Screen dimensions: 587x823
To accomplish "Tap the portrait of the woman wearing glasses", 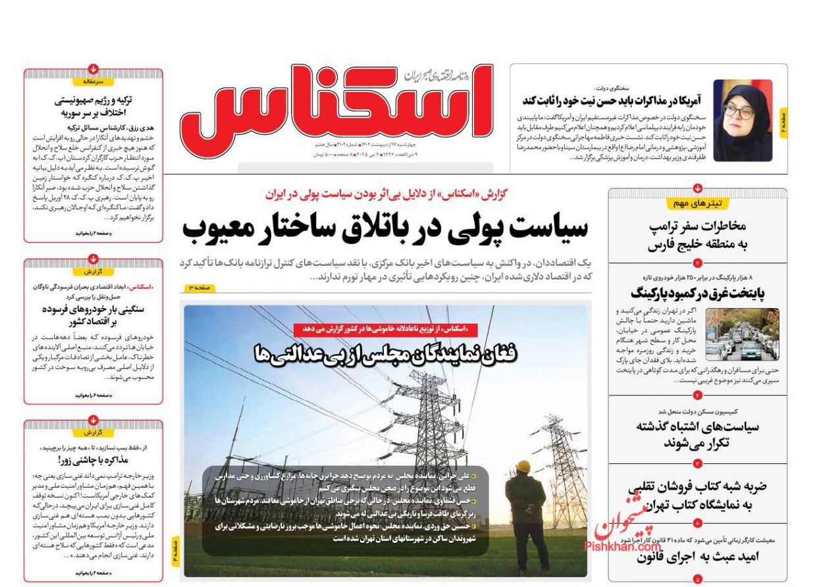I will [742, 120].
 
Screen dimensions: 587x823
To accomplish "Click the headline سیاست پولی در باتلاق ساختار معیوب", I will [385, 228].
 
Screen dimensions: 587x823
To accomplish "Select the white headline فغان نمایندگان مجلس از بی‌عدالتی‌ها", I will [386, 354].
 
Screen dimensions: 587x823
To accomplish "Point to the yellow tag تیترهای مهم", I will [697, 203].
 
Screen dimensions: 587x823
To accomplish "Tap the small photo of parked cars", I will [742, 334].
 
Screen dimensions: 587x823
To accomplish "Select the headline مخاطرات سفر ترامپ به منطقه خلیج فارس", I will [697, 235].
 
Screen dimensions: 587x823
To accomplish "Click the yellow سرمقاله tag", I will [93, 82].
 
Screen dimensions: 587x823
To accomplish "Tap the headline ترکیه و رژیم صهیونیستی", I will [93, 106].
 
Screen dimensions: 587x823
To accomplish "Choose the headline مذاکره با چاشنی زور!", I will [93, 459].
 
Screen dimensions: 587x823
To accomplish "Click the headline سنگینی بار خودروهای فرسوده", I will [93, 315].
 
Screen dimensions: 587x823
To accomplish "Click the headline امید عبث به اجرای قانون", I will [697, 557].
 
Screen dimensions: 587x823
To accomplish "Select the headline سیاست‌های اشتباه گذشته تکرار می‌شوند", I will [697, 434].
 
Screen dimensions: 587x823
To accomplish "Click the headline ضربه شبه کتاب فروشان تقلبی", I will [697, 496].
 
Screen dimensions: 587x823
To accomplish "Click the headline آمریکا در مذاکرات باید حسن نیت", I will [612, 101].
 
